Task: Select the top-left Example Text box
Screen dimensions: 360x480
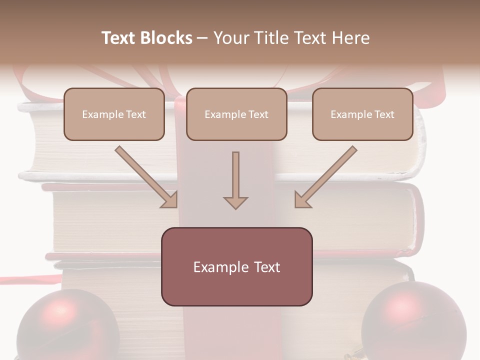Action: pyautogui.click(x=114, y=114)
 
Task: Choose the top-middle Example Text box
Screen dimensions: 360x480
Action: pyautogui.click(x=236, y=114)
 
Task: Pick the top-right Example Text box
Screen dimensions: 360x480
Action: pyautogui.click(x=362, y=114)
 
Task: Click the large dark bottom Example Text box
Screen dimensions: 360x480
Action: pyautogui.click(x=236, y=267)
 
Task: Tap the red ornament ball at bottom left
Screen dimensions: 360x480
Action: pyautogui.click(x=67, y=325)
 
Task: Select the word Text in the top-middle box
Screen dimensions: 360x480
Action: pyautogui.click(x=258, y=114)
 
